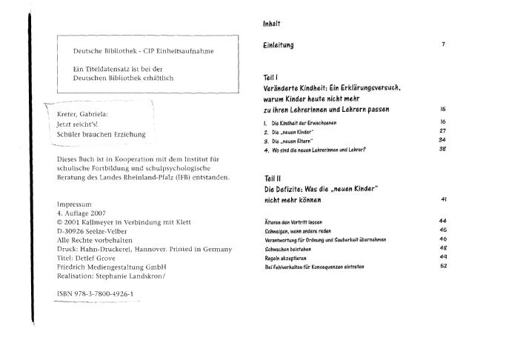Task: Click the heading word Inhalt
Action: (x=271, y=24)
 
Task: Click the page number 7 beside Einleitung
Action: (x=443, y=44)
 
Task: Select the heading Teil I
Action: (x=270, y=77)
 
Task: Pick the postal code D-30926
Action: (x=73, y=229)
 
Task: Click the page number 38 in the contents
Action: (x=443, y=149)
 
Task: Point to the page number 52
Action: (x=443, y=266)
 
